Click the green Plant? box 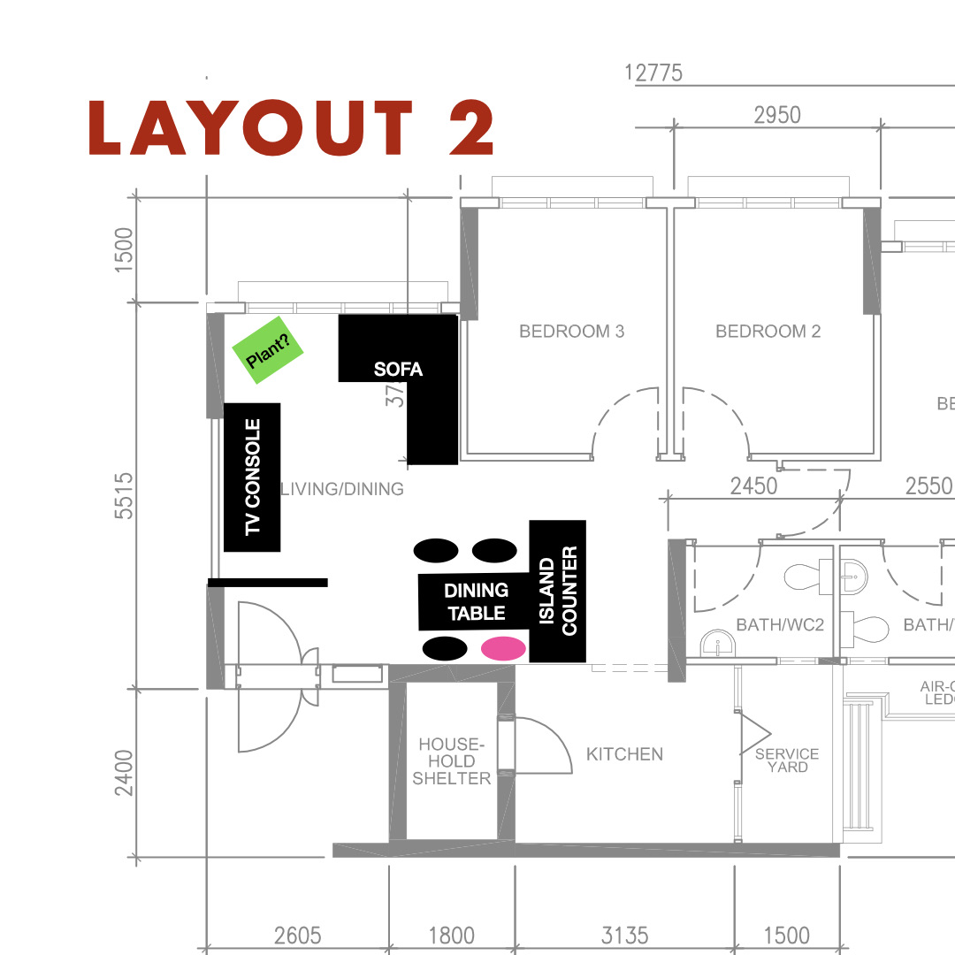[x=268, y=350]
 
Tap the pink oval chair [x=503, y=648]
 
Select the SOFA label [x=398, y=370]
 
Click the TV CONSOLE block [x=252, y=477]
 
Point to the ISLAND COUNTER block [x=557, y=591]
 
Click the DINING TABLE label [x=476, y=601]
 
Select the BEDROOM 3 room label [x=571, y=332]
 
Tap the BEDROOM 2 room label [x=768, y=332]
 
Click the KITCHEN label [x=624, y=754]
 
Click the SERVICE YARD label [x=787, y=760]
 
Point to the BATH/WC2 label [x=780, y=625]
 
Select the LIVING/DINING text [x=342, y=489]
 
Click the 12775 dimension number [x=653, y=73]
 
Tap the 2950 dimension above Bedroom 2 [x=776, y=115]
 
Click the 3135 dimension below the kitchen [x=624, y=935]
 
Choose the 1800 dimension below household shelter [x=451, y=935]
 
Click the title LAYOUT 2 [x=292, y=129]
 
